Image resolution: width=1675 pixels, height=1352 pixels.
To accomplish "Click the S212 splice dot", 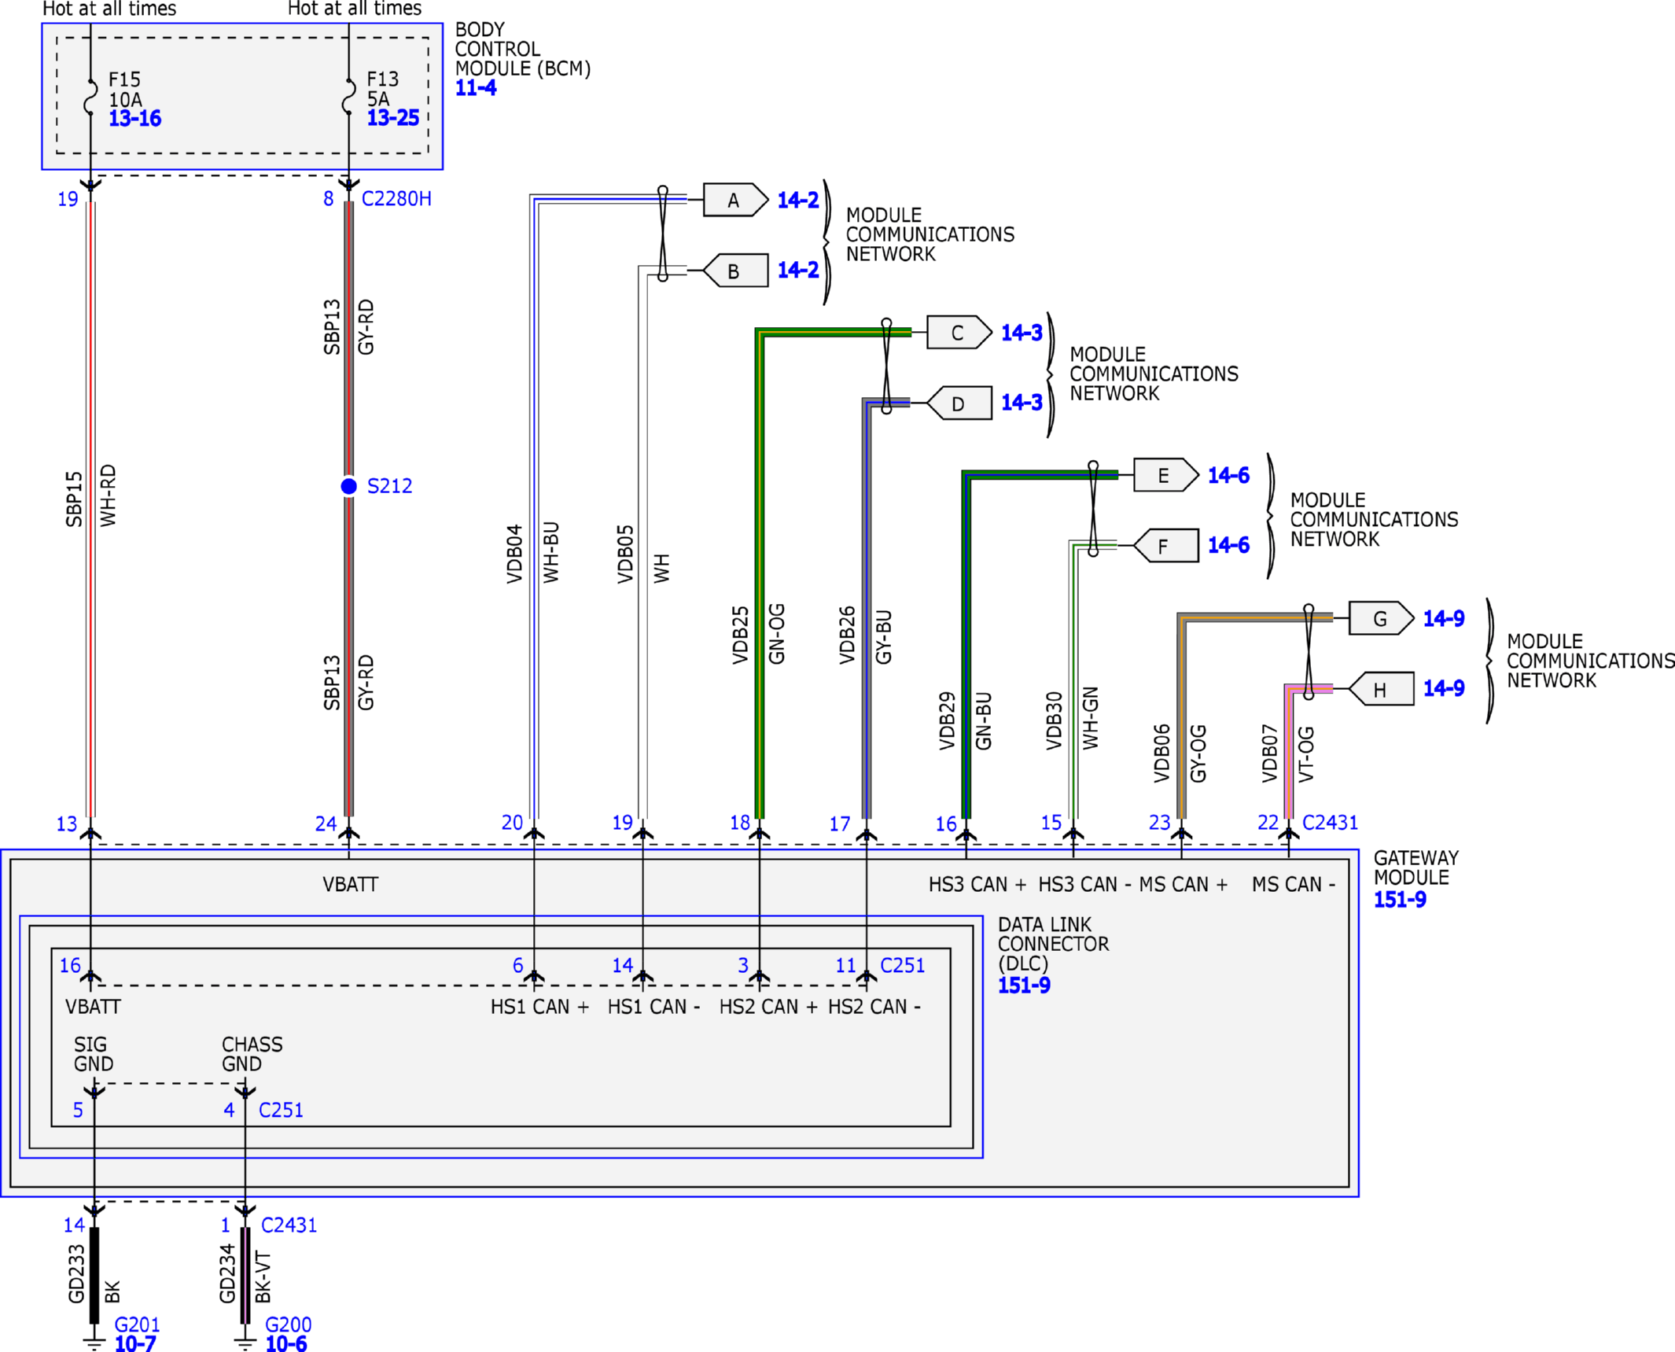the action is click(348, 486).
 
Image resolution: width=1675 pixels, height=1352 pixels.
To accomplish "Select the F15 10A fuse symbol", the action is click(90, 97).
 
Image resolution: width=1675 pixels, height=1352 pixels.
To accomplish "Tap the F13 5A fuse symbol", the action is click(348, 96).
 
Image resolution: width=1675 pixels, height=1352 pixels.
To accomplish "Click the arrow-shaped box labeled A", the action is click(735, 200).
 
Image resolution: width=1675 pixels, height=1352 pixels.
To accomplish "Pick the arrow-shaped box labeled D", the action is click(959, 403).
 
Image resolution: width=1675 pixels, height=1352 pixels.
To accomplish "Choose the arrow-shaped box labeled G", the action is click(1381, 618).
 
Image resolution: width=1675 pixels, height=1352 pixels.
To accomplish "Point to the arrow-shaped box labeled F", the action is click(1165, 546).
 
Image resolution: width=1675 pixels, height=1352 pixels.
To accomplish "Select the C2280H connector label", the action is click(396, 199).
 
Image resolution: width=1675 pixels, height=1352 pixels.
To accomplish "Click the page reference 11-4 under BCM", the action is click(476, 88).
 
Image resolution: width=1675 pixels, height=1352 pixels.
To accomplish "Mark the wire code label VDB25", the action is click(740, 635).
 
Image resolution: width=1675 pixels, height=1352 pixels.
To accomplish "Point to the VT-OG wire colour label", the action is click(1305, 753).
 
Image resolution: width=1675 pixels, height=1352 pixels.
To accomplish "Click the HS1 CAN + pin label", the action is click(539, 1007).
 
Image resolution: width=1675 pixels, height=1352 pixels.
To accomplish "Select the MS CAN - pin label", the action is click(1294, 885).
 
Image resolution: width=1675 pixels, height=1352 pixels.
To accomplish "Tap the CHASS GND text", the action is click(252, 1054).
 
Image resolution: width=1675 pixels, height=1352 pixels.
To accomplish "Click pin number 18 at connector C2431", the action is click(740, 823).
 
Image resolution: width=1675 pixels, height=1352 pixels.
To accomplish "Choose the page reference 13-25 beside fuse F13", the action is click(393, 118).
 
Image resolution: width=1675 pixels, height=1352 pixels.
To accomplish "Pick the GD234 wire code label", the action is click(227, 1273).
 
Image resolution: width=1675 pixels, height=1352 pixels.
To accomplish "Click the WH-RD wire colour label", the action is click(108, 495).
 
